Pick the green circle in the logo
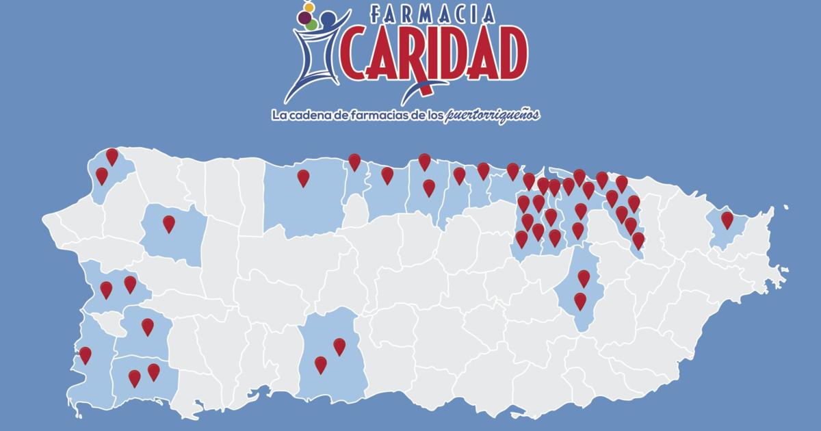pos(312,25)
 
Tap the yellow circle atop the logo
pos(308,7)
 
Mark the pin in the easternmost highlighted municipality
pos(727,220)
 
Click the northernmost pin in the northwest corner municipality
pos(112,156)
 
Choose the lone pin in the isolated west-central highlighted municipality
pos(168,223)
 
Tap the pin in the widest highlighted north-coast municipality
pos(303,178)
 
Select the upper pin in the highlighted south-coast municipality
pos(339,346)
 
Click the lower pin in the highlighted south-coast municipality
pos(320,364)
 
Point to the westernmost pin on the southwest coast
pos(86,355)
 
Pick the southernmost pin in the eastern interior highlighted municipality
pos(580,300)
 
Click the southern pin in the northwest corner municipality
pos(102,175)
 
